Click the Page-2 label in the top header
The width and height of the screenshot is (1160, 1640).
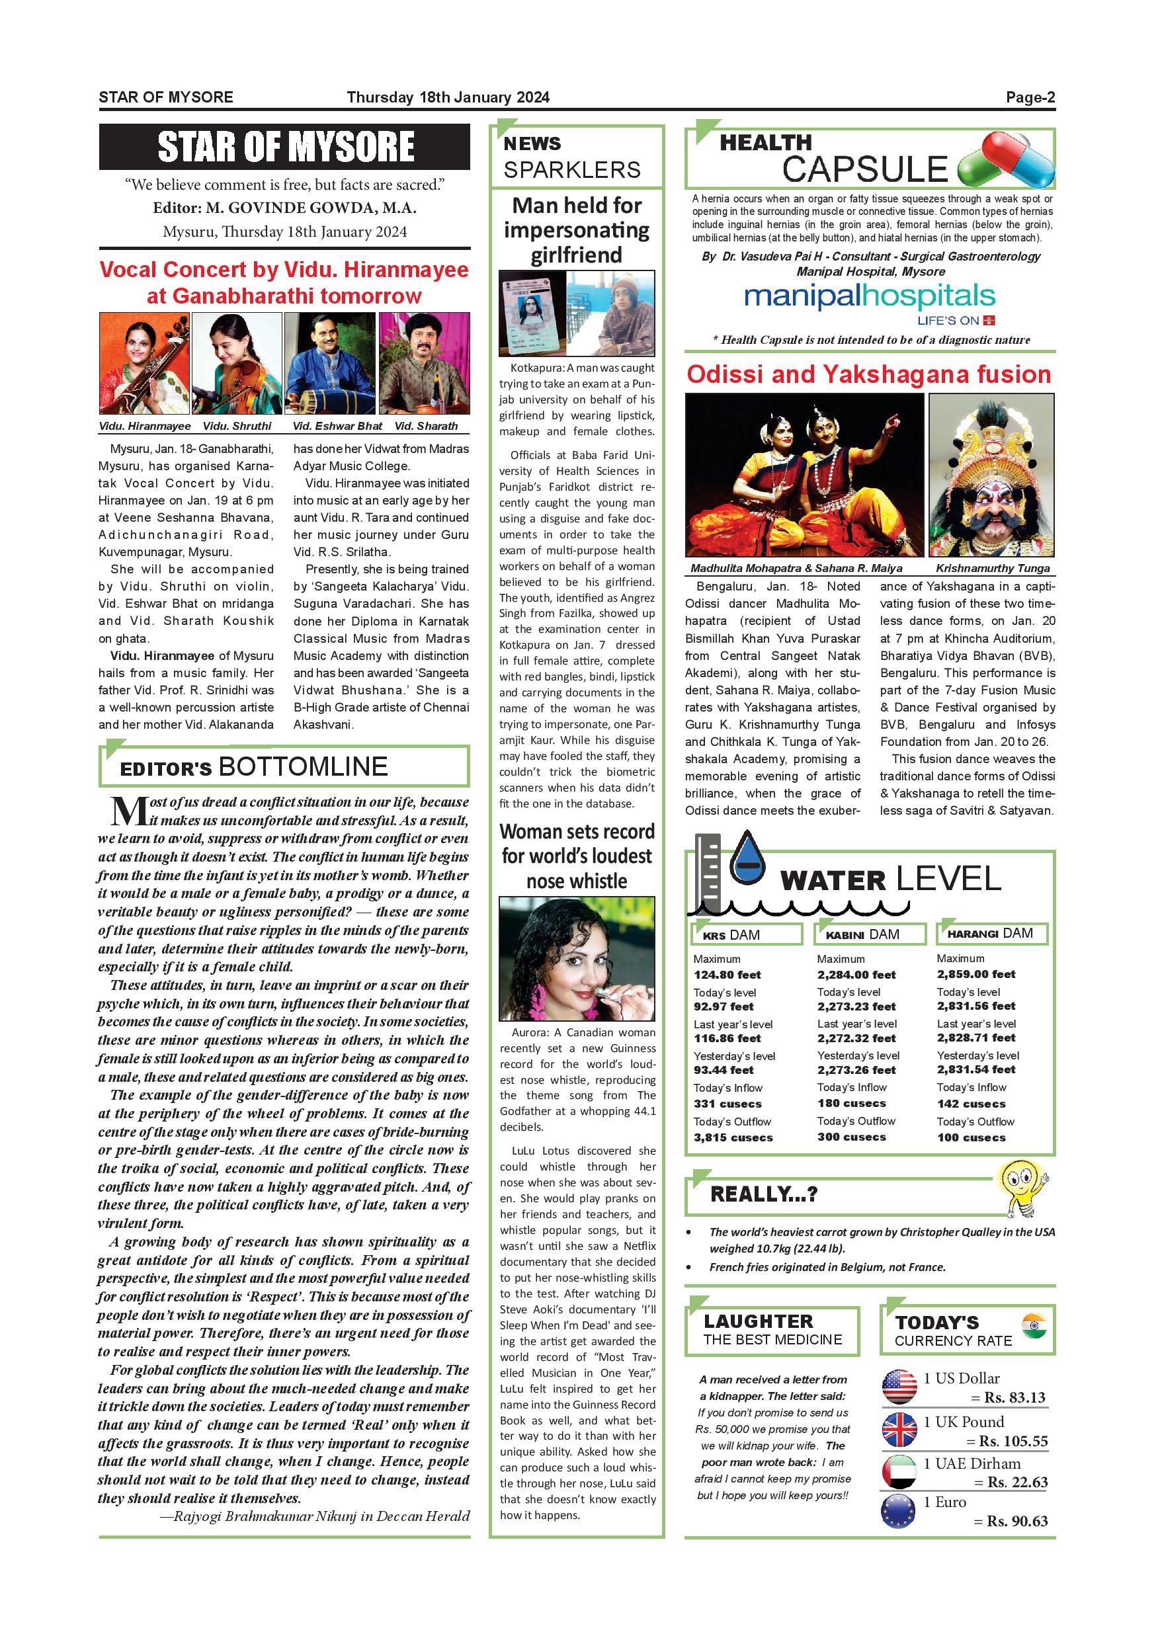(x=1030, y=98)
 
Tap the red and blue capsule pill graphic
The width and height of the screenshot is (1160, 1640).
(x=1007, y=161)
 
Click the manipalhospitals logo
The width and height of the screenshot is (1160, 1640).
(x=868, y=296)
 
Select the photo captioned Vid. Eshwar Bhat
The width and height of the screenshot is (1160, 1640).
(x=330, y=363)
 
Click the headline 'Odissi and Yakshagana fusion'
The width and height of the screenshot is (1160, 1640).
(x=868, y=374)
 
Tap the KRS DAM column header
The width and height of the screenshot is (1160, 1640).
(x=747, y=934)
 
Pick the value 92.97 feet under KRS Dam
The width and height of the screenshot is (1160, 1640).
(x=724, y=1006)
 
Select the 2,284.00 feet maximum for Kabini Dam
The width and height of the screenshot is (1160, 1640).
(x=856, y=974)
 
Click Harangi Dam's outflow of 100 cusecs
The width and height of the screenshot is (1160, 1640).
(x=972, y=1137)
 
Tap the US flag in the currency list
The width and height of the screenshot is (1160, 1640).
(x=899, y=1388)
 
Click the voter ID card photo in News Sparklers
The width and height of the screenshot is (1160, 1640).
(x=532, y=313)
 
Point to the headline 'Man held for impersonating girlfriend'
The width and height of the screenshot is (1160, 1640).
(x=577, y=230)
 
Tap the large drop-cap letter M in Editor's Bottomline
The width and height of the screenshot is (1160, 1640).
(x=128, y=811)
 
